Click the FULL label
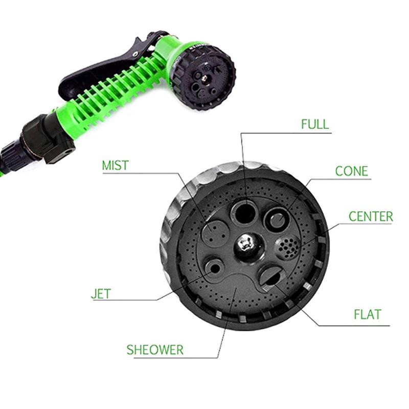[x=315, y=124]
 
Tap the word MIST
[x=116, y=165]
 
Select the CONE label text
[x=351, y=171]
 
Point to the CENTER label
[x=371, y=216]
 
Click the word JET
[x=101, y=293]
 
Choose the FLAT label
[x=367, y=314]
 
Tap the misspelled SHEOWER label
[x=155, y=350]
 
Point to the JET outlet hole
[x=214, y=269]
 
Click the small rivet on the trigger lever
[x=135, y=54]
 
